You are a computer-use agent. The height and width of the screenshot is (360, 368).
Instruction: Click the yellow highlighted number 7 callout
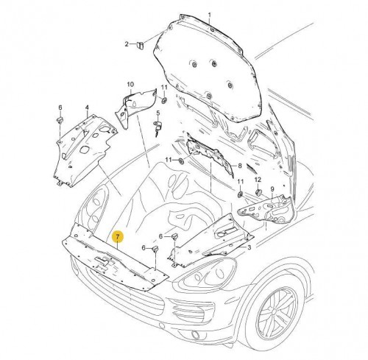click(118, 237)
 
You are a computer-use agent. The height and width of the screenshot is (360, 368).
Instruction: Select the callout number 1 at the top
click(209, 15)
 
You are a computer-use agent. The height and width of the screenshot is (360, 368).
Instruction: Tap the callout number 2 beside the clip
click(127, 44)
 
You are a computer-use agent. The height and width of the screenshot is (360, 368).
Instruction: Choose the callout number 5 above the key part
click(158, 113)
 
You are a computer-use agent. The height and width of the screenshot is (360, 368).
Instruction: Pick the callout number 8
click(240, 166)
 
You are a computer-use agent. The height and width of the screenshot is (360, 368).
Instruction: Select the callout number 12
click(258, 180)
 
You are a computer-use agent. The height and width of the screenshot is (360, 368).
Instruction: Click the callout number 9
click(272, 189)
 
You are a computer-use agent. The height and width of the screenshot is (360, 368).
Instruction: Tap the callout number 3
click(249, 247)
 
